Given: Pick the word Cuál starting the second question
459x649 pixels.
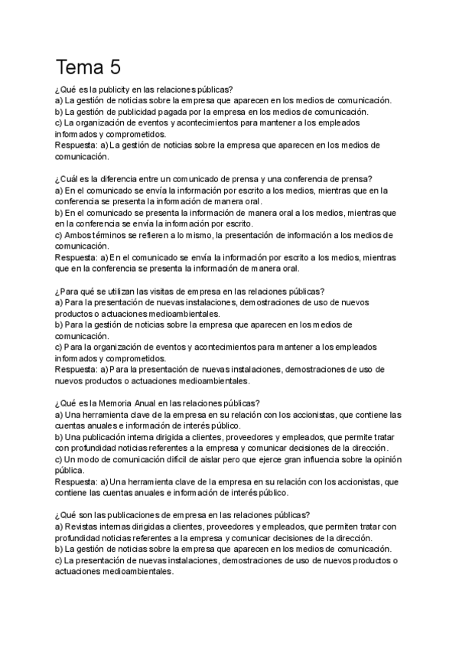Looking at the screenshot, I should [73, 178].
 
